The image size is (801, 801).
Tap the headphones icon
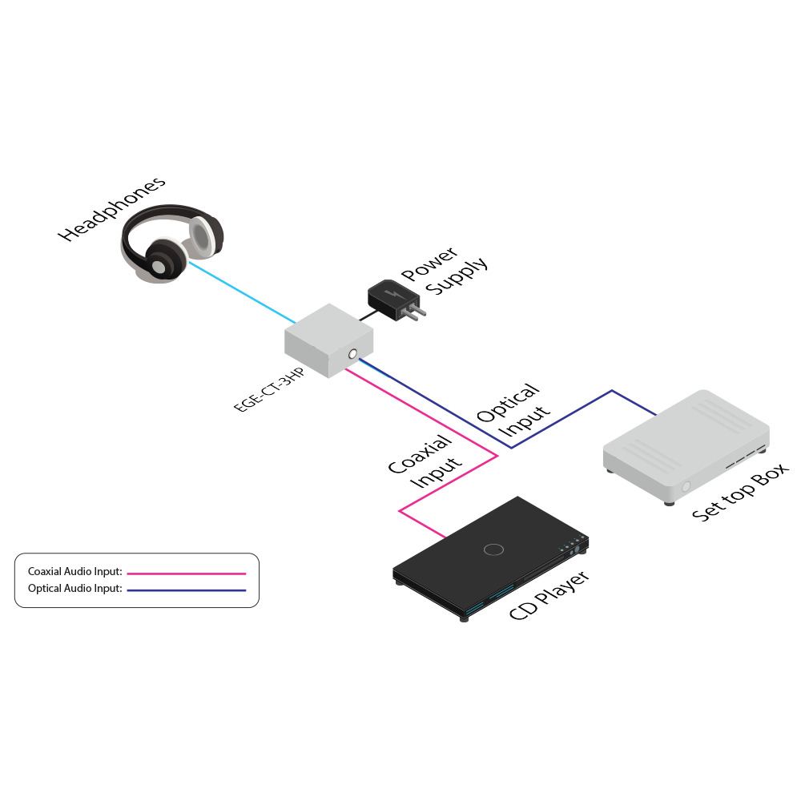coord(171,244)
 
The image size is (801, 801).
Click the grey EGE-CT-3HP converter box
coord(328,340)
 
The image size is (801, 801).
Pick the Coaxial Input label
coord(425,463)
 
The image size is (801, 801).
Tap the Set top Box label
coord(741,493)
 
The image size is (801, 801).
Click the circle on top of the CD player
coord(493,549)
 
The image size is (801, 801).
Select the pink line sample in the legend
coord(186,574)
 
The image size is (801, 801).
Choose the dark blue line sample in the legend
coord(186,590)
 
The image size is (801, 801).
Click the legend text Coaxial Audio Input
coord(74,572)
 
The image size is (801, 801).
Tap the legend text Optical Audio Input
coord(74,589)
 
